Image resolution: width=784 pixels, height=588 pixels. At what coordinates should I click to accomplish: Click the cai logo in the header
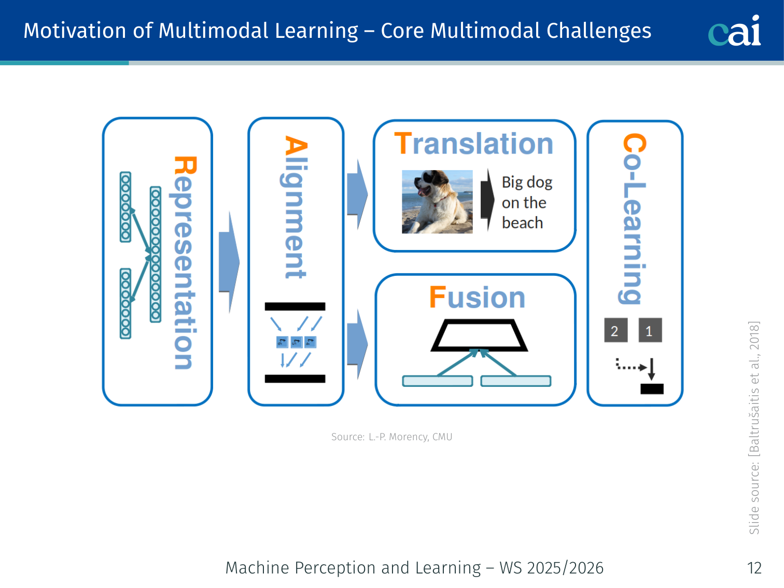(x=734, y=31)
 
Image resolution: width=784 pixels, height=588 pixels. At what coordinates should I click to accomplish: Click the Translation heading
(x=473, y=144)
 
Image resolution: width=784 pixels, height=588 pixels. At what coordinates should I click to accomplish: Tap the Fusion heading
(x=477, y=297)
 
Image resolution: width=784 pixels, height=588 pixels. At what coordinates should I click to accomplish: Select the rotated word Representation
(x=185, y=262)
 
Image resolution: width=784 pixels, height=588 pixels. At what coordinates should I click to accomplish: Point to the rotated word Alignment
(x=296, y=207)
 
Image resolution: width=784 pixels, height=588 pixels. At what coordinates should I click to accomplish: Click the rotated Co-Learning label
(x=634, y=219)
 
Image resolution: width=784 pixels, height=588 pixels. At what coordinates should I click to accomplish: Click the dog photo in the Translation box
(x=437, y=202)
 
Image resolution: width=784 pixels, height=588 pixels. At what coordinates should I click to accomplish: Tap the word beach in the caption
(x=522, y=223)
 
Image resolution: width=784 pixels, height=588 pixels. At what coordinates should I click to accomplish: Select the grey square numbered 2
(x=616, y=330)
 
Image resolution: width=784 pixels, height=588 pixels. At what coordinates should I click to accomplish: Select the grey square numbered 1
(x=650, y=330)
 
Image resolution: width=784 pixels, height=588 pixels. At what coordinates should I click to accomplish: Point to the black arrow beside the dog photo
(x=487, y=200)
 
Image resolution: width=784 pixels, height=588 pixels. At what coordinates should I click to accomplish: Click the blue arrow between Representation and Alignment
(x=229, y=262)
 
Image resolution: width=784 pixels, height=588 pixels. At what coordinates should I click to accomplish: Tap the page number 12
(x=754, y=568)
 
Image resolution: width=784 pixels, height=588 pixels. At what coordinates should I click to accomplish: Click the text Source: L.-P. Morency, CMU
(x=392, y=437)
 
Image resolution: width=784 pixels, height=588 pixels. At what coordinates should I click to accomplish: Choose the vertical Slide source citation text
(x=754, y=428)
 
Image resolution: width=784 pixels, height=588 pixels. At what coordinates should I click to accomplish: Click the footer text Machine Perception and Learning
(x=353, y=568)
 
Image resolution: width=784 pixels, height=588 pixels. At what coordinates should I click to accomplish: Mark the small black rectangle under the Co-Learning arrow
(x=652, y=389)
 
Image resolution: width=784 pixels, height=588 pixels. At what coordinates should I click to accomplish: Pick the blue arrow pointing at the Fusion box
(x=358, y=344)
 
